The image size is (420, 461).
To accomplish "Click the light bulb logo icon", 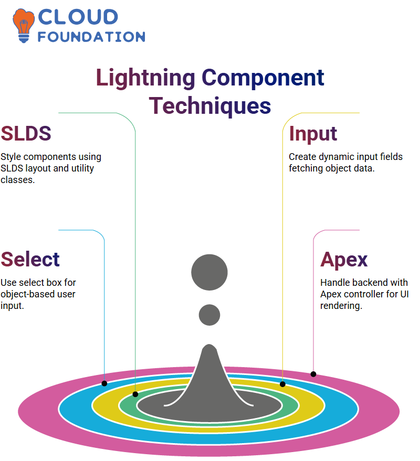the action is (23, 26).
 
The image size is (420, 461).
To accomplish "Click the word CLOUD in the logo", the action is (78, 17).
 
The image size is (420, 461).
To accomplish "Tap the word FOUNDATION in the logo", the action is (91, 37).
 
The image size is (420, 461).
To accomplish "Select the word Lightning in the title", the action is (145, 78).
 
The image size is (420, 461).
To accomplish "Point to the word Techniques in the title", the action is (210, 106).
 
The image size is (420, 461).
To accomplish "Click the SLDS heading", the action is (26, 134).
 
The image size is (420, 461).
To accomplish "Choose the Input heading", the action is (313, 134).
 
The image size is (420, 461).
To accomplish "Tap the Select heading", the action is (30, 259).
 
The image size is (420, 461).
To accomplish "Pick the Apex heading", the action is (344, 260).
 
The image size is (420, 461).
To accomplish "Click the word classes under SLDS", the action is (17, 180).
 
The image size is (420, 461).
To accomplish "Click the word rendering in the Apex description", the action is (341, 306).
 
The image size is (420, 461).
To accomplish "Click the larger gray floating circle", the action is (209, 272).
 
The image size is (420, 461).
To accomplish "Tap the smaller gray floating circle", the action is (209, 315).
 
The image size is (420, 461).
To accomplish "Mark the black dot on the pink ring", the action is (313, 374).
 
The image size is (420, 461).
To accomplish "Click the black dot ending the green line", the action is (135, 394).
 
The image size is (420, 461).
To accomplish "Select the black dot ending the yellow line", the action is (282, 384).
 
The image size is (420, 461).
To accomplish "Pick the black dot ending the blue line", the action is (104, 383).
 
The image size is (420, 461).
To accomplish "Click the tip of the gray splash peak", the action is (209, 345).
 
